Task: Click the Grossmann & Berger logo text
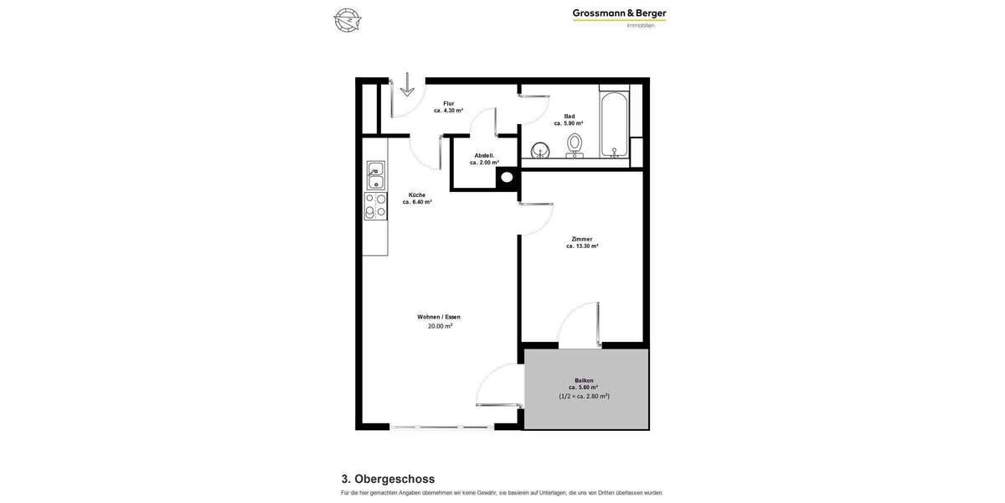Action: [x=619, y=13]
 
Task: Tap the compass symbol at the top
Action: [x=347, y=19]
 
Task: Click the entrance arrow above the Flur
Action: [x=407, y=85]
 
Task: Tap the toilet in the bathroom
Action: [x=575, y=144]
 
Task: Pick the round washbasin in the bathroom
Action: [x=540, y=151]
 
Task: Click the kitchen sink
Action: [x=376, y=175]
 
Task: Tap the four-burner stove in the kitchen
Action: [x=375, y=206]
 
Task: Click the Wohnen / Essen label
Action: [x=439, y=317]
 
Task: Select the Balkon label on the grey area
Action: [x=584, y=381]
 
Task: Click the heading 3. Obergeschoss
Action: [x=388, y=479]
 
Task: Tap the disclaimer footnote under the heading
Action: [x=502, y=493]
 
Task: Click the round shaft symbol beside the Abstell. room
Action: [x=507, y=177]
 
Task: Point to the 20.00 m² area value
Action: [x=440, y=326]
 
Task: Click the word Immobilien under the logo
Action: [x=641, y=25]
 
